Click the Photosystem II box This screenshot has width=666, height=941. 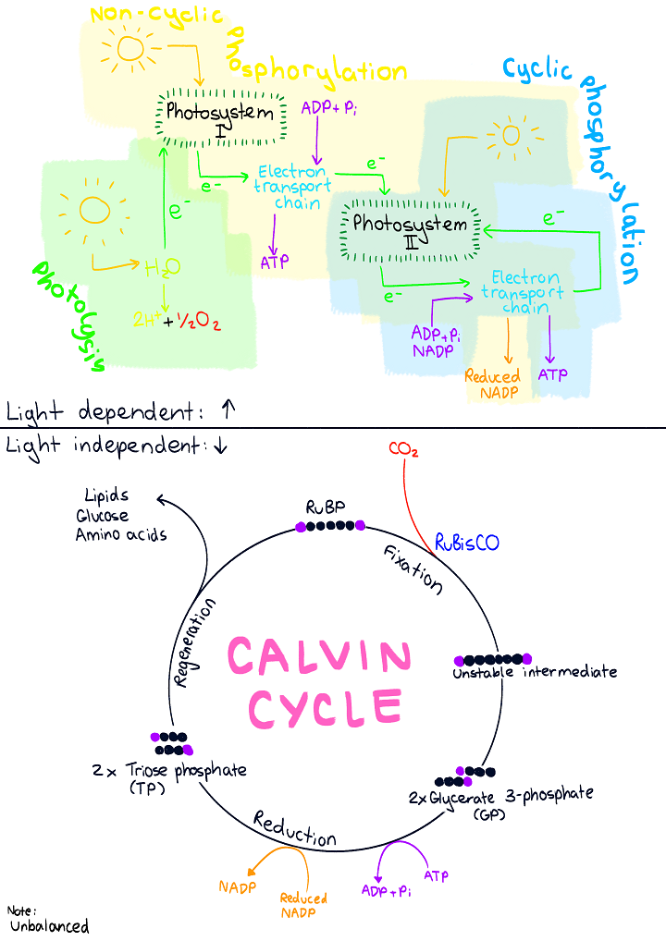(412, 228)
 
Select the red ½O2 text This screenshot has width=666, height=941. (200, 322)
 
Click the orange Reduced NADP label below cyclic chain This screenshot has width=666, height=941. (492, 385)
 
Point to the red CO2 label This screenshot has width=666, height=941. (403, 450)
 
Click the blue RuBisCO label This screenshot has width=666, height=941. (466, 543)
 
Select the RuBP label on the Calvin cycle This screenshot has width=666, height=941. (325, 507)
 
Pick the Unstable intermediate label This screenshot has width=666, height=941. (535, 672)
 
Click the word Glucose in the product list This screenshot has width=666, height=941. (103, 516)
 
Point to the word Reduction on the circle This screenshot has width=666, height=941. (294, 829)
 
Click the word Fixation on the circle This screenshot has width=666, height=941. (413, 571)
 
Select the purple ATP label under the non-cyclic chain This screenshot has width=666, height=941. (275, 262)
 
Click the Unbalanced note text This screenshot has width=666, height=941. (49, 926)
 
